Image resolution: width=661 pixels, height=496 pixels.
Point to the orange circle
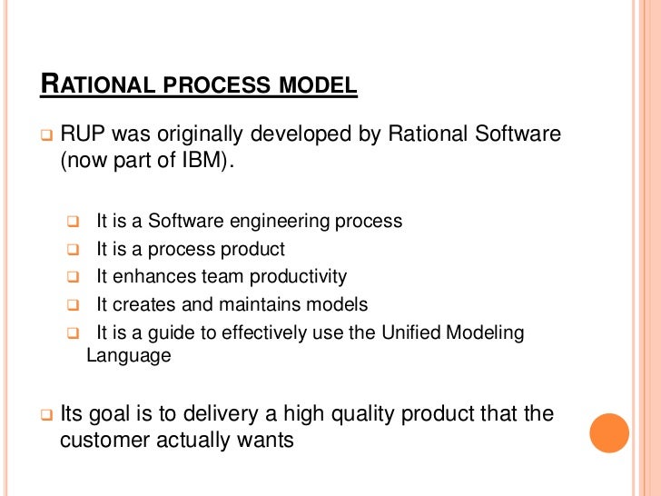(609, 433)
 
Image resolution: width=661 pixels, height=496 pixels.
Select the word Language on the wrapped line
(128, 355)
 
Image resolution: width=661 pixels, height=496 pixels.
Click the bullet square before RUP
(46, 136)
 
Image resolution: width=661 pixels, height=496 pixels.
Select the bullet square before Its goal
(46, 415)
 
